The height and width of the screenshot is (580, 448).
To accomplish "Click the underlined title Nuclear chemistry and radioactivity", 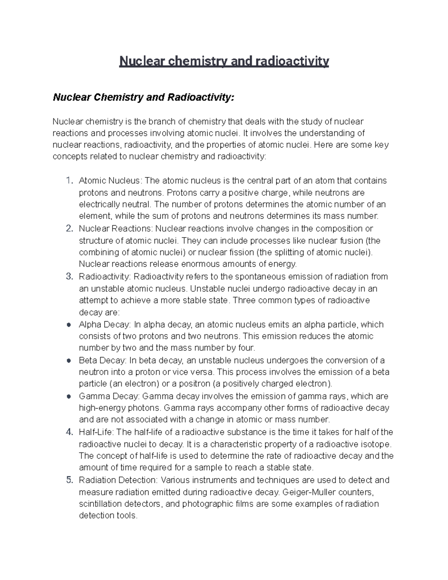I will click(x=224, y=61).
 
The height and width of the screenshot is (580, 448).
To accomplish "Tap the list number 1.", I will click(x=68, y=181).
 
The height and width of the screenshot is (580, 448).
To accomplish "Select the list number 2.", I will click(x=69, y=229).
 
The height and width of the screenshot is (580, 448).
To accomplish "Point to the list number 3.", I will click(x=69, y=277).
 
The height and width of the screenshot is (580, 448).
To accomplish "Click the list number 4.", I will click(x=69, y=432).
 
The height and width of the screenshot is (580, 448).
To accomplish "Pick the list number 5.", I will click(x=69, y=480).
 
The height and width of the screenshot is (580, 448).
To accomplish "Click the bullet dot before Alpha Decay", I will click(x=69, y=325).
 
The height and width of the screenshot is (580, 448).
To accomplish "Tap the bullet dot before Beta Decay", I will click(x=69, y=361).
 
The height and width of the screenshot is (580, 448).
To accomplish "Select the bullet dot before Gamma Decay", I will click(x=69, y=397).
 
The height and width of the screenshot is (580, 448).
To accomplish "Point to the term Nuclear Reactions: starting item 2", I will click(x=116, y=229).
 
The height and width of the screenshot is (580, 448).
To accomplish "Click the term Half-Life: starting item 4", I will click(x=97, y=432).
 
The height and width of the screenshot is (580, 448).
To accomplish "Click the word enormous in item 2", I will click(x=201, y=264).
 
